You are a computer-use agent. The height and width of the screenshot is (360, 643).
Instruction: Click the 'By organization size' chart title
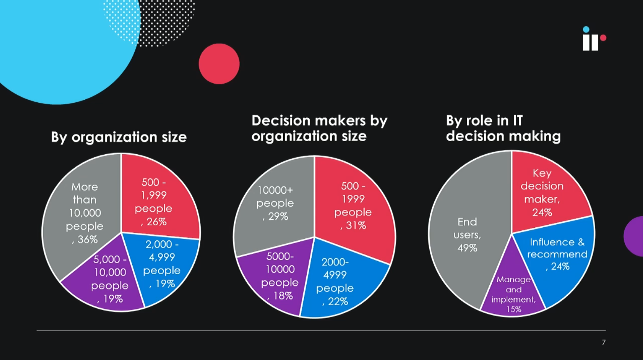click(119, 137)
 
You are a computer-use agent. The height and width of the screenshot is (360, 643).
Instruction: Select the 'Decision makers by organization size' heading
click(319, 128)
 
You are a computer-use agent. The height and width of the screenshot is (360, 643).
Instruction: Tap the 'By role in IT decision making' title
click(503, 128)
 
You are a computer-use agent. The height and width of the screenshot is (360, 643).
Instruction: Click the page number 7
click(604, 343)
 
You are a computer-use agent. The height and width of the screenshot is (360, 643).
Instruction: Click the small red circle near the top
click(219, 64)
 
